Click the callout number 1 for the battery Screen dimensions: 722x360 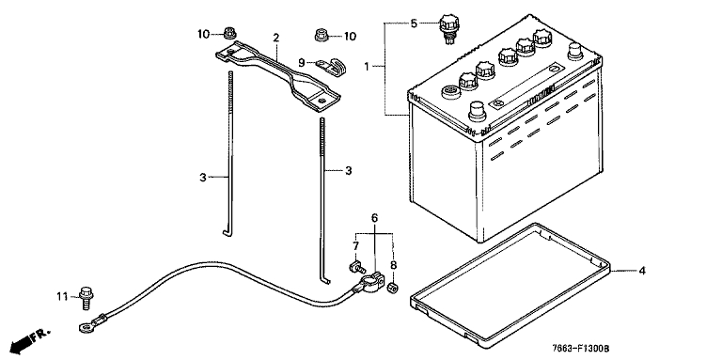point(367,68)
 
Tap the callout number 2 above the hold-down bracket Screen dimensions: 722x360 point(275,38)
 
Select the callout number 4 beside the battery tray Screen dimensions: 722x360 point(642,271)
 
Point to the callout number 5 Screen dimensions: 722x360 point(414,23)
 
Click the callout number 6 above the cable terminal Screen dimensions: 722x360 point(374,218)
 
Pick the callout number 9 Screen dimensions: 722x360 point(302,62)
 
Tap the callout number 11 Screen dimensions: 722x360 point(62,296)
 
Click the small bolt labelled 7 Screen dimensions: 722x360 point(357,266)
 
